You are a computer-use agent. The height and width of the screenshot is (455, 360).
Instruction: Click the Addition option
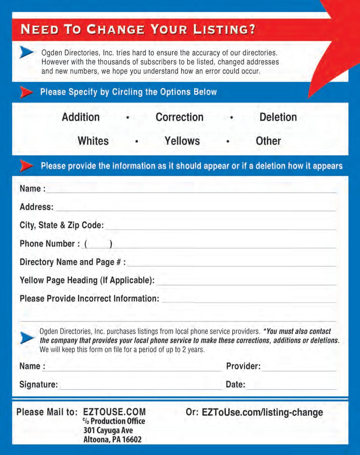coord(81,117)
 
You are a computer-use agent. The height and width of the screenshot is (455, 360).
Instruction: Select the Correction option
coord(179,117)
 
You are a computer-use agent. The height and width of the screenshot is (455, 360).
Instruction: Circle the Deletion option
coord(278,117)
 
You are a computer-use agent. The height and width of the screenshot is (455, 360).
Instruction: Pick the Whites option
coord(93,141)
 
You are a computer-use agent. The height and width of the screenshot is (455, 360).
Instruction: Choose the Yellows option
coord(182,141)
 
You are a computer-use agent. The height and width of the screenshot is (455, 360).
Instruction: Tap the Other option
coord(268,141)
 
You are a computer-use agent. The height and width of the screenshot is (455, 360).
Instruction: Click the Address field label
coord(36,207)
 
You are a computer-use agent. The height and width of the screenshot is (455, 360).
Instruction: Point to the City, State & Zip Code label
coord(61,225)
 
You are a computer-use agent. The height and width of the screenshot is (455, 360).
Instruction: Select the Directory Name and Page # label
coord(72,262)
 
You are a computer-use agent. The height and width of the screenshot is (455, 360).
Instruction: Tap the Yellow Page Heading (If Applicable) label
coord(87,280)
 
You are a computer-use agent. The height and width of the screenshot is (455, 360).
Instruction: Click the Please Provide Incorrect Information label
coord(89,298)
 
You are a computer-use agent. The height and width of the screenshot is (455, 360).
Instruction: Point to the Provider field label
coord(243,366)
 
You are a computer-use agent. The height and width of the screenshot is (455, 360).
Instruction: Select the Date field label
coord(236,384)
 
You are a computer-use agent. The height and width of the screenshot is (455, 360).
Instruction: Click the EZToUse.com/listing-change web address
coord(263,412)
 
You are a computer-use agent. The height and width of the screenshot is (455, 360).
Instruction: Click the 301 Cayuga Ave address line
coord(108,430)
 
